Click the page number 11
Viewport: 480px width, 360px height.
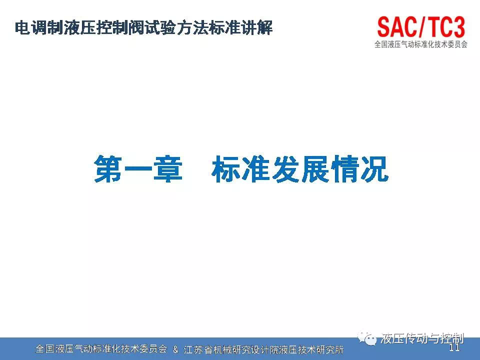tap(454, 347)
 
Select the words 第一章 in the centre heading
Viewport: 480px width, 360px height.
tap(138, 169)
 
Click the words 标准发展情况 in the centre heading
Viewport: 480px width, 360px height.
tap(300, 169)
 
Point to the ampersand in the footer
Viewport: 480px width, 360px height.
tap(175, 349)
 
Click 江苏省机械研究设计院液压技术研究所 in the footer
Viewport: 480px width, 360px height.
tap(263, 349)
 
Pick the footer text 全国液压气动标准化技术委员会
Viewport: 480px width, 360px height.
tap(101, 349)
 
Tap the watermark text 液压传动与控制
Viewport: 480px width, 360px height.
tap(422, 338)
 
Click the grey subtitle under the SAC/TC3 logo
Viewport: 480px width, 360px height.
tap(421, 44)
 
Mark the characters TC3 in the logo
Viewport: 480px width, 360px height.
tap(446, 27)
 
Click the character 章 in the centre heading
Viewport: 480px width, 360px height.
tap(168, 169)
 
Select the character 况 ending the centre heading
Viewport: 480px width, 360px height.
tap(374, 169)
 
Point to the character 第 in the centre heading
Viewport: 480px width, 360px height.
tap(108, 169)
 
